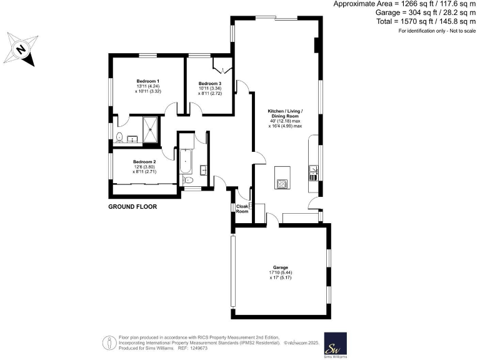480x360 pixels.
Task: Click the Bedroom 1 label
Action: point(148,81)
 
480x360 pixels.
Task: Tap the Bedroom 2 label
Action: point(144,162)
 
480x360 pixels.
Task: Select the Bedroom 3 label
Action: point(210,84)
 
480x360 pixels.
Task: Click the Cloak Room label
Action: point(242,209)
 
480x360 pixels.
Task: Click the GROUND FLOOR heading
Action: point(132,207)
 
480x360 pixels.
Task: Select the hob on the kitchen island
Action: point(282,183)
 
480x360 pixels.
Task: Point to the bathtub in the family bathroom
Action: point(186,161)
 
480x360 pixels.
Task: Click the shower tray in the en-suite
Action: point(151,130)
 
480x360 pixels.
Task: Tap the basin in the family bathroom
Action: point(204,170)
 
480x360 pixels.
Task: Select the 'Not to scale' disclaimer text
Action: point(451,30)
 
